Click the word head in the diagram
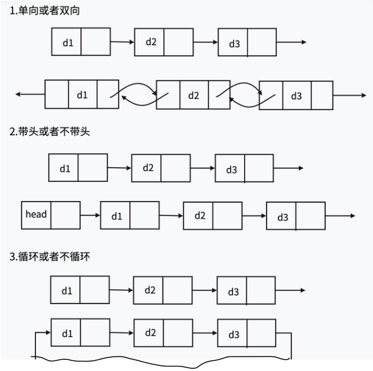tap(36, 214)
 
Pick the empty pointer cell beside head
tap(65, 214)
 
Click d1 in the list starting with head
tap(116, 216)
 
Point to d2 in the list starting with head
tap(199, 216)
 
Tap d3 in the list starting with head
tap(282, 217)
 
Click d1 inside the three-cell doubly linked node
tap(82, 94)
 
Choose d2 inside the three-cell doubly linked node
tap(194, 95)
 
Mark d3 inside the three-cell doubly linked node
tap(296, 95)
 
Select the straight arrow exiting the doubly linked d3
tap(349, 95)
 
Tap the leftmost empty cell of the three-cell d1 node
tap(56, 94)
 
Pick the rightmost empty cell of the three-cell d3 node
tap(322, 95)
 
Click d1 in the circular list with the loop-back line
tap(67, 333)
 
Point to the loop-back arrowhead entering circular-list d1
tap(47, 333)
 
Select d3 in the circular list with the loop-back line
tap(233, 335)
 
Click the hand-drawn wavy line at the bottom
tap(163, 364)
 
